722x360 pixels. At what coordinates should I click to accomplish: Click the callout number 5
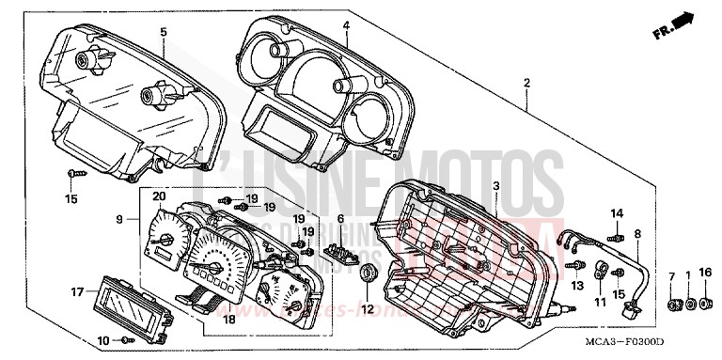163,32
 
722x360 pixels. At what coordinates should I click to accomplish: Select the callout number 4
346,24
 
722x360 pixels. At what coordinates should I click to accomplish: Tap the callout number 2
526,83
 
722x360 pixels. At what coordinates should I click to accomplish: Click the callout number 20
159,196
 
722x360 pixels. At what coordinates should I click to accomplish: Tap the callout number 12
369,308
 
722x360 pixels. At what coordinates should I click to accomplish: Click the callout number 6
340,218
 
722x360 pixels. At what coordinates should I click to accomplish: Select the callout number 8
636,232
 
